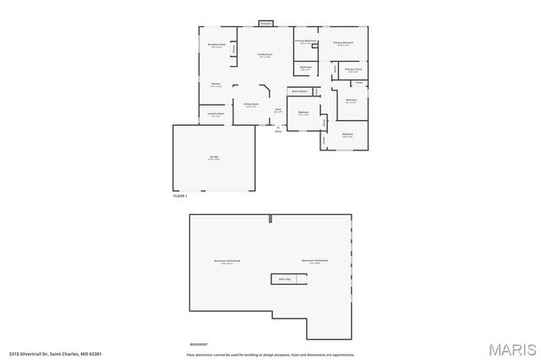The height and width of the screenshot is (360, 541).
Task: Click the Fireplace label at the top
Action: tap(265, 23)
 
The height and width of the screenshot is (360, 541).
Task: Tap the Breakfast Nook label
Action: tap(216, 46)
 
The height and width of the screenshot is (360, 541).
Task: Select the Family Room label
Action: tap(265, 55)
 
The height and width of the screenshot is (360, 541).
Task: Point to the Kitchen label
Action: tap(216, 85)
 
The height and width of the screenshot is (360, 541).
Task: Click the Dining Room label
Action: tap(251, 106)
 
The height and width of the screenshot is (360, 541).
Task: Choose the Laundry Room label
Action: tap(216, 114)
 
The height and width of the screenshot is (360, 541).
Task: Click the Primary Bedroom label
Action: tap(342, 43)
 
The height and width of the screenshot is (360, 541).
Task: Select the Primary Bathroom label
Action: tap(305, 41)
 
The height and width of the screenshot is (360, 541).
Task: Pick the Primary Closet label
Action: tap(353, 70)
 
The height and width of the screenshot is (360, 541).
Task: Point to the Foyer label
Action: tap(278, 110)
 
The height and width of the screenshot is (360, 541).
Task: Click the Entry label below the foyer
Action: tap(278, 131)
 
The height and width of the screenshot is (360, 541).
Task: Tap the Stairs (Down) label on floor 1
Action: tap(298, 90)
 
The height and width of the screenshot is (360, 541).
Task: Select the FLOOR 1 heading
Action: tap(179, 195)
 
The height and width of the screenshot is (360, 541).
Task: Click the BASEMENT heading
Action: tap(199, 345)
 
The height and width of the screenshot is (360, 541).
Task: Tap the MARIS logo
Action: tap(510, 348)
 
